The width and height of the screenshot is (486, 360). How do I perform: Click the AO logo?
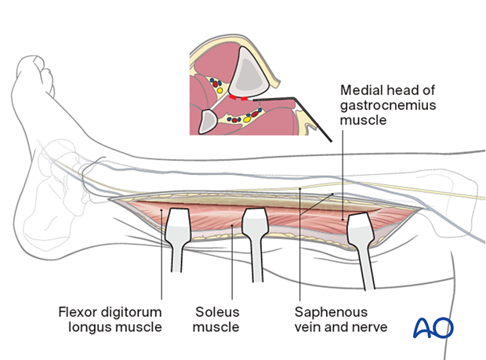(x=432, y=326)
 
